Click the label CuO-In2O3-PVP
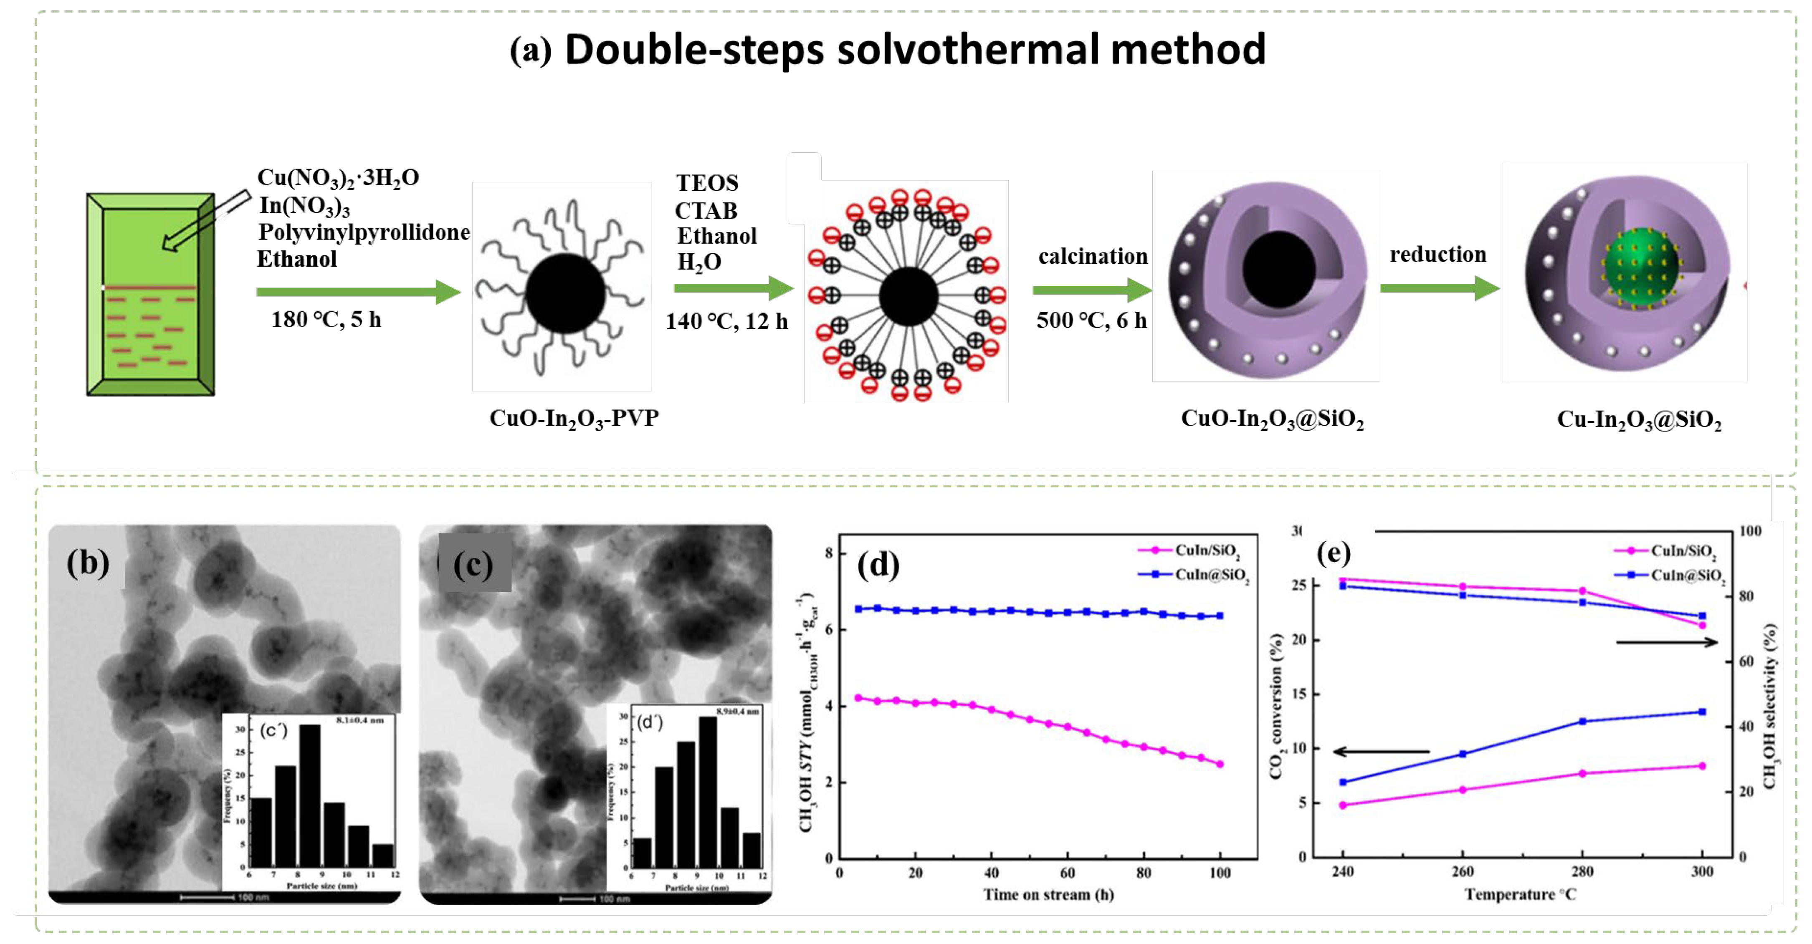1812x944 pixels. tap(574, 418)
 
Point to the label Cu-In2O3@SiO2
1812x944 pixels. tap(1639, 420)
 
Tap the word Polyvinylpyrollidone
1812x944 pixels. tap(364, 232)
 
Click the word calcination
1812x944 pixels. tap(1092, 257)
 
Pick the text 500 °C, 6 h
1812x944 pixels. tap(1091, 321)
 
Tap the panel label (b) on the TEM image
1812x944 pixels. tap(88, 562)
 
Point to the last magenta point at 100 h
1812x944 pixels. tap(1220, 764)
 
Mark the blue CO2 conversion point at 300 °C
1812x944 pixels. tap(1702, 712)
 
